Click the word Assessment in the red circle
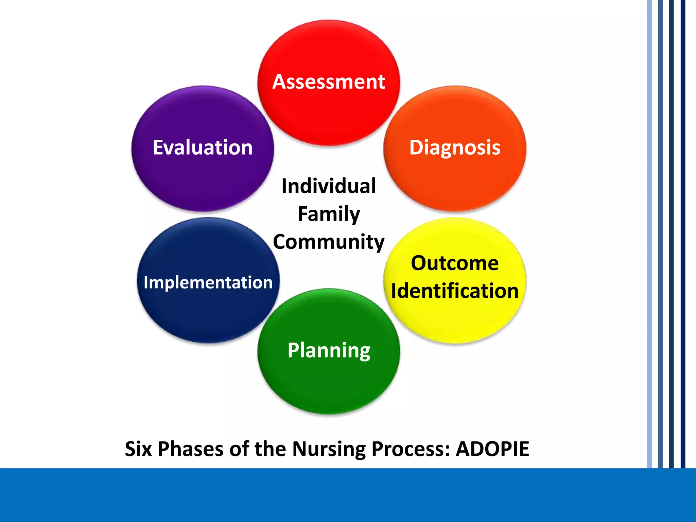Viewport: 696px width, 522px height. [x=328, y=82]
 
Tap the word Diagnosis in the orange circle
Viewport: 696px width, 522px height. [x=455, y=147]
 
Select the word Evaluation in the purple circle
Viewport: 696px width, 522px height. [x=203, y=147]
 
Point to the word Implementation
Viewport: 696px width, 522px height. [x=208, y=282]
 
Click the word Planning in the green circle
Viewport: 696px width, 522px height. [x=329, y=350]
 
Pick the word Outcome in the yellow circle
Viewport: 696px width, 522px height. [x=455, y=263]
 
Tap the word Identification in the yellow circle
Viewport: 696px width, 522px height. [x=455, y=291]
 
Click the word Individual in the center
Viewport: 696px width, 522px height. [x=329, y=186]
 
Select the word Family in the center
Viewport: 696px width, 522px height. [x=329, y=214]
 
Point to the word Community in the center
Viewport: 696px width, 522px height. [x=329, y=242]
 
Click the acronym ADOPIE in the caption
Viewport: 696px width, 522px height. [x=492, y=449]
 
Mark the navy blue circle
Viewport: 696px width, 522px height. [x=208, y=313]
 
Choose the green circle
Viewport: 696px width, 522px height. [x=329, y=384]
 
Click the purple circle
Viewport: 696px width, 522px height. [x=203, y=180]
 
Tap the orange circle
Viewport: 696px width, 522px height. [x=455, y=180]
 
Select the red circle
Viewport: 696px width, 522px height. [x=328, y=116]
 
